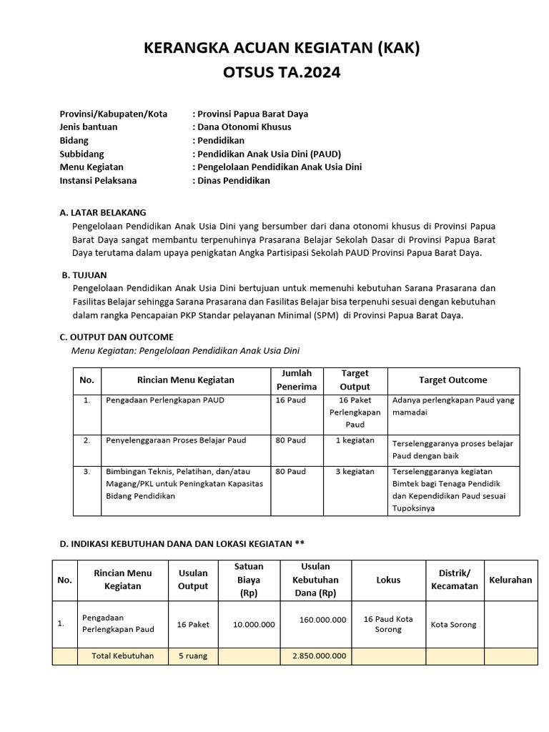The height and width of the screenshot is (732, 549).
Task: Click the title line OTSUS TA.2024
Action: pyautogui.click(x=282, y=72)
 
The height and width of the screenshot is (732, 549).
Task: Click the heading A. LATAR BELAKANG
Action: pyautogui.click(x=103, y=212)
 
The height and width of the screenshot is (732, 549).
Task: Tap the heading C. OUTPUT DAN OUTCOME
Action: pyautogui.click(x=116, y=337)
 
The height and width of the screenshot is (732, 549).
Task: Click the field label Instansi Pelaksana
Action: pyautogui.click(x=98, y=181)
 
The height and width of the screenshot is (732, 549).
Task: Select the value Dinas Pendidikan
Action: pyautogui.click(x=233, y=181)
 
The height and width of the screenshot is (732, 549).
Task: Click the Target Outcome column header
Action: pyautogui.click(x=452, y=380)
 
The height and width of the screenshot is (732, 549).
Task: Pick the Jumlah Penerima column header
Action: pyautogui.click(x=296, y=380)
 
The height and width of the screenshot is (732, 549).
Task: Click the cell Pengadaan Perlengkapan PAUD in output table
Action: pyautogui.click(x=164, y=400)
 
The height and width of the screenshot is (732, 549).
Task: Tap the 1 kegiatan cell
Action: pyautogui.click(x=355, y=440)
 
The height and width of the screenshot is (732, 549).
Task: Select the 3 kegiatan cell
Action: pyautogui.click(x=355, y=472)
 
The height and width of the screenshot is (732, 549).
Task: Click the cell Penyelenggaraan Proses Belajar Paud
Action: pyautogui.click(x=176, y=440)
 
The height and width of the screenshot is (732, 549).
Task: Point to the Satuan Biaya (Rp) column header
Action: pyautogui.click(x=249, y=580)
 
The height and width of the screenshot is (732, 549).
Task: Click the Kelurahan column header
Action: pyautogui.click(x=510, y=580)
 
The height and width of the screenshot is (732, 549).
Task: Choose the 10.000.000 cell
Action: pyautogui.click(x=254, y=625)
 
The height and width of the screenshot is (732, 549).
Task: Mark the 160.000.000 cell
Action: pyautogui.click(x=323, y=619)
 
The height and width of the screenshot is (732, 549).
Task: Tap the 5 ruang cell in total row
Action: pyautogui.click(x=193, y=656)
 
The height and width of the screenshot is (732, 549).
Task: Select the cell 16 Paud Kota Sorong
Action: pyautogui.click(x=388, y=624)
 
